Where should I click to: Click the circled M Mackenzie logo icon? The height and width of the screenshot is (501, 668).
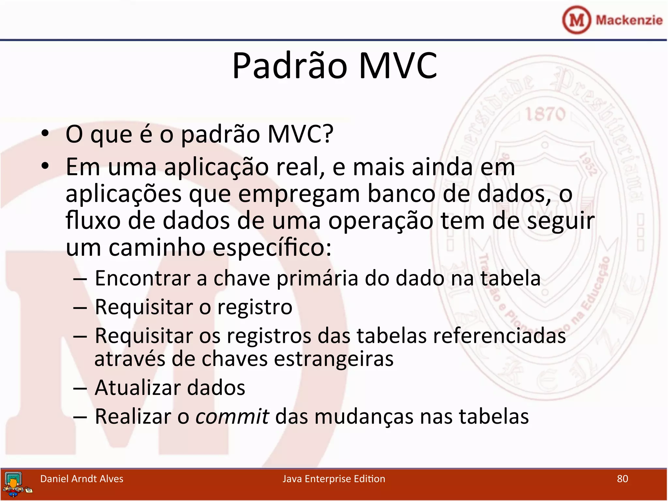pyautogui.click(x=576, y=20)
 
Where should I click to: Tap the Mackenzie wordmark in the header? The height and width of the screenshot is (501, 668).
pyautogui.click(x=629, y=20)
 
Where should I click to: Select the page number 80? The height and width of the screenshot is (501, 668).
pyautogui.click(x=622, y=478)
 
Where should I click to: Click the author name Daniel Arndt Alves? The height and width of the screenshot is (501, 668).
pyautogui.click(x=82, y=478)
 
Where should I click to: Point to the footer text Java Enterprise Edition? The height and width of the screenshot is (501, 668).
pyautogui.click(x=334, y=478)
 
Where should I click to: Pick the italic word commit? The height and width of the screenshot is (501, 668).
pyautogui.click(x=232, y=417)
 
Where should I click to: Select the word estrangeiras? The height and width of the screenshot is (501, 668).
pyautogui.click(x=333, y=359)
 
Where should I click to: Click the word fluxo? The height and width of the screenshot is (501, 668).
pyautogui.click(x=93, y=221)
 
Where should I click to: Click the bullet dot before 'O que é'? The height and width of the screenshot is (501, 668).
pyautogui.click(x=45, y=133)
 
